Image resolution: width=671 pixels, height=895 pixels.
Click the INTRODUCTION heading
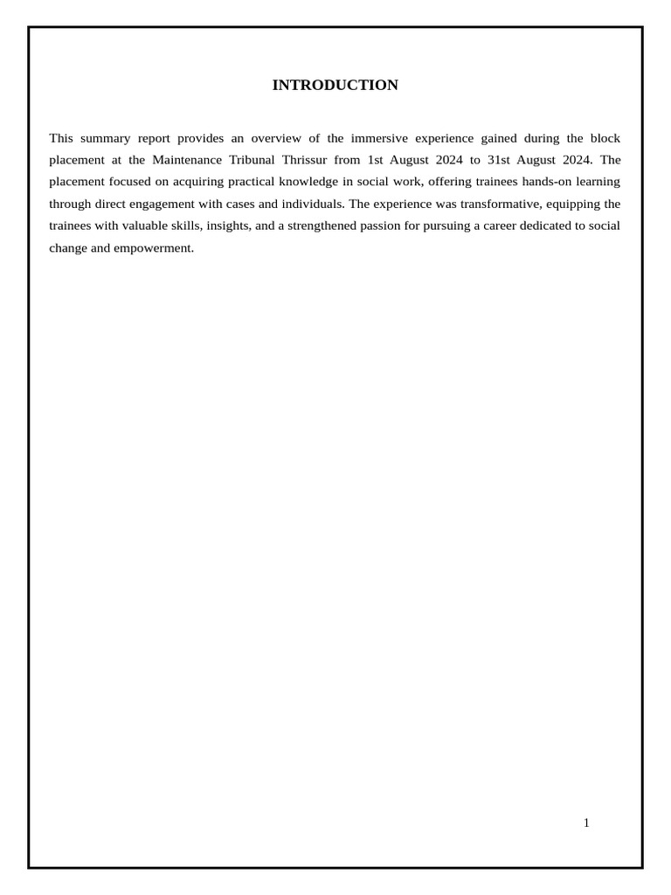click(x=335, y=85)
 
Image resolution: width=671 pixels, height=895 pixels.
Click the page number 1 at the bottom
click(x=586, y=822)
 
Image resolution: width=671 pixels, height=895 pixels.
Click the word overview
click(x=277, y=138)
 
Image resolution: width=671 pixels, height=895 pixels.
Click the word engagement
click(x=163, y=204)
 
